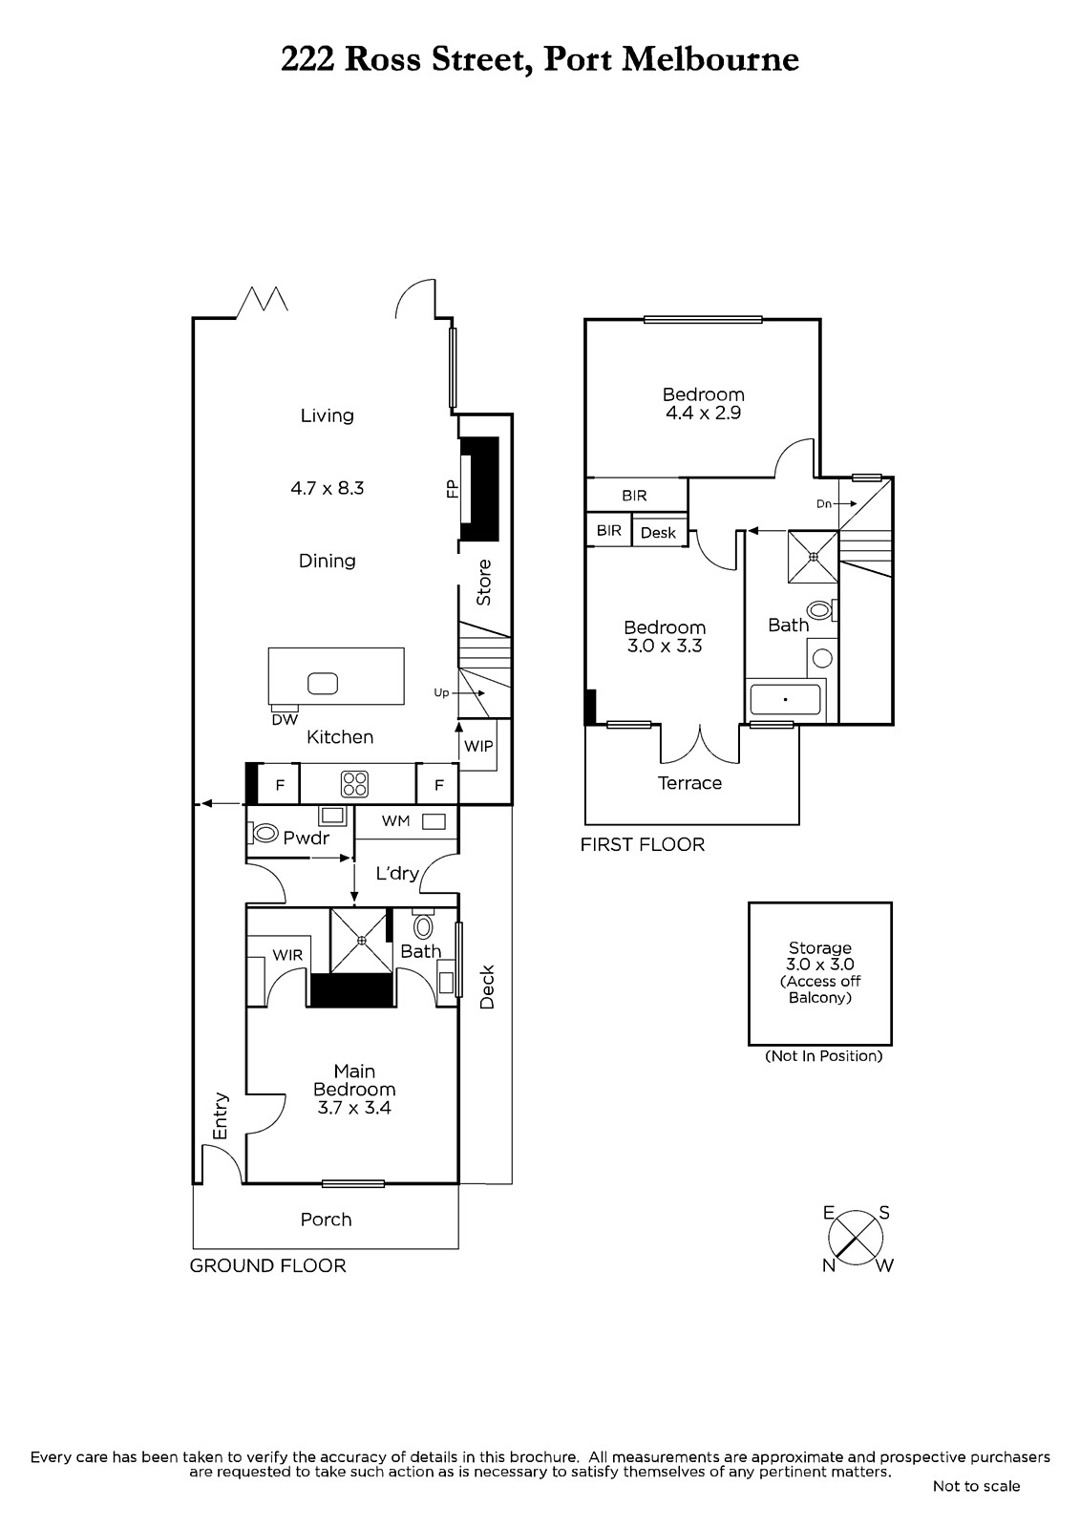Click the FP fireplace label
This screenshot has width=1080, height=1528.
(453, 488)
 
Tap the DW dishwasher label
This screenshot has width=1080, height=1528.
(285, 719)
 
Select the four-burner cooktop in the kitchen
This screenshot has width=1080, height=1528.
(355, 784)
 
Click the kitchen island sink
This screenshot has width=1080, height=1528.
(323, 683)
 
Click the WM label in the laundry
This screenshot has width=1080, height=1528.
(395, 820)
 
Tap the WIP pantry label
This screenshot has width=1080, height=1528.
(478, 746)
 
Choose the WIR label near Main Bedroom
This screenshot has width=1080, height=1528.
(287, 955)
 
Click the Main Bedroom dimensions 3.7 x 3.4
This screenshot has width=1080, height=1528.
(354, 1107)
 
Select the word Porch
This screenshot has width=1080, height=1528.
(327, 1219)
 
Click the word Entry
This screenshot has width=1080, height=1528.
(220, 1116)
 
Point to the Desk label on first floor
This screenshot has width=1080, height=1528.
(658, 533)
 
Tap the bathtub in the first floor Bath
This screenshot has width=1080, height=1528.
(785, 699)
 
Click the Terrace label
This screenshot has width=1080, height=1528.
(689, 782)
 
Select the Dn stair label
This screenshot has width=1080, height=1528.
(824, 504)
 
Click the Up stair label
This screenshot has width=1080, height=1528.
(441, 693)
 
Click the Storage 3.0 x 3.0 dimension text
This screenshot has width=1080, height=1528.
(820, 964)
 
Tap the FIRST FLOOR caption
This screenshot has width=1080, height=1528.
(642, 844)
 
